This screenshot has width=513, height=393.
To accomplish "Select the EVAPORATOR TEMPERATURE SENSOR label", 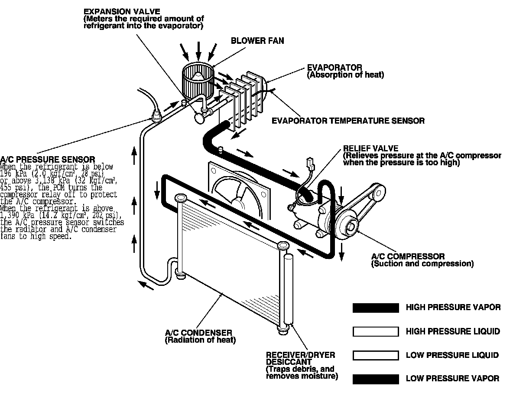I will point(348,121).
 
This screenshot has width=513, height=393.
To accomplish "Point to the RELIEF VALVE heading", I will point(370,149).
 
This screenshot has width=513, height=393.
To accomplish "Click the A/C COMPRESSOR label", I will point(408,256).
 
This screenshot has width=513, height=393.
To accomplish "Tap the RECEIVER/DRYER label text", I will point(300,355).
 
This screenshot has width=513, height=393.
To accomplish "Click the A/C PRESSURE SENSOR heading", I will point(48,160).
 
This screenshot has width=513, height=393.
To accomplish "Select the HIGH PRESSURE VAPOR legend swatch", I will point(376,308).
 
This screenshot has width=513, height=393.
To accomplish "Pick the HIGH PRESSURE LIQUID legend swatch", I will point(376,332).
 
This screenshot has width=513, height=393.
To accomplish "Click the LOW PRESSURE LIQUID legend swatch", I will point(376,356).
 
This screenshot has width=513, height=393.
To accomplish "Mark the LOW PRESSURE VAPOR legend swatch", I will point(376,379).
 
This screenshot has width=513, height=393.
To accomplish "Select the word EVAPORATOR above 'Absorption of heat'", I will point(334,68).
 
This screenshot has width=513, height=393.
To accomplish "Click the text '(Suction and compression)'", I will point(422,264).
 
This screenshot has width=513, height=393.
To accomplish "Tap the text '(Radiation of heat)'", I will point(200,341).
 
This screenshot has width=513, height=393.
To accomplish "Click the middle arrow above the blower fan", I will point(198,50).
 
